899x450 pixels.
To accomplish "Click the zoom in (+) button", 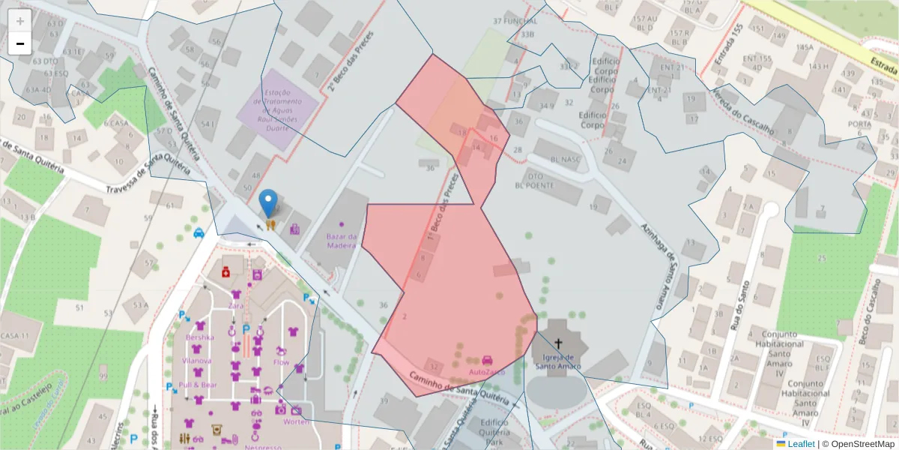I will click(x=19, y=20).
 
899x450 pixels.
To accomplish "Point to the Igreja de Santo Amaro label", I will click(x=557, y=361).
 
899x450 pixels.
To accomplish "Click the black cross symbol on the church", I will click(x=558, y=343).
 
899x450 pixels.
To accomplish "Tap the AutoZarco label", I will click(x=487, y=371).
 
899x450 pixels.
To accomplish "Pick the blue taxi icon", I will click(x=199, y=232).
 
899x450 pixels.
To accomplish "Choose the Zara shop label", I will click(x=236, y=306).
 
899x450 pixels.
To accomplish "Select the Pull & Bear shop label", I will click(x=199, y=385).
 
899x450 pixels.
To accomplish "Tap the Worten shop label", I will click(x=296, y=421).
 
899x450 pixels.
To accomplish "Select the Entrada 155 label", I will click(x=726, y=46).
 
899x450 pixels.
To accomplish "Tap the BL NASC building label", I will click(x=566, y=160).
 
